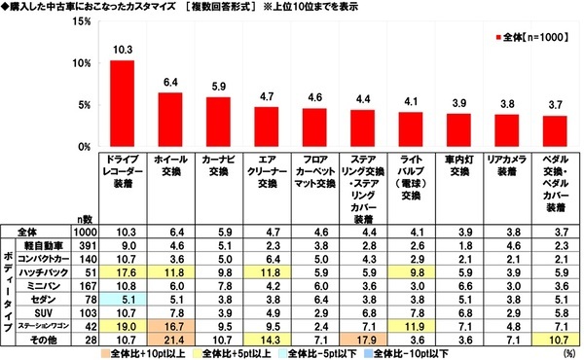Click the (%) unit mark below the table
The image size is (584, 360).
click(566, 355)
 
